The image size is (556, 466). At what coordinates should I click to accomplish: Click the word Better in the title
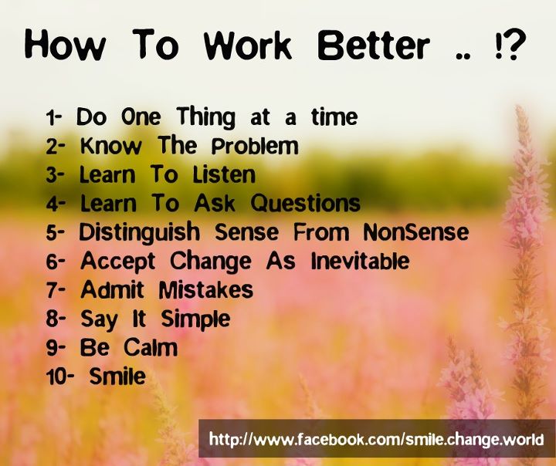click(374, 46)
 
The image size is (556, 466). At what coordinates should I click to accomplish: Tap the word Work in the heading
click(248, 46)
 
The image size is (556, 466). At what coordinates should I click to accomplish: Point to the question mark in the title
click(514, 45)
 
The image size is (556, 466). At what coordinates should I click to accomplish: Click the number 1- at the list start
click(54, 118)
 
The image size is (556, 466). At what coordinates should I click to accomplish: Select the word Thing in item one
click(206, 117)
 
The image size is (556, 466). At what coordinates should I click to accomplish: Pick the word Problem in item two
click(255, 147)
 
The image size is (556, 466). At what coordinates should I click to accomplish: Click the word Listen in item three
click(224, 174)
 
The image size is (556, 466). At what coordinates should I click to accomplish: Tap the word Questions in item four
click(306, 204)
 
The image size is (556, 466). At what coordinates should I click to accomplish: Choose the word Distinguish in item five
click(139, 233)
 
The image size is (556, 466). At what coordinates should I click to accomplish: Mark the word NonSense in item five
click(416, 232)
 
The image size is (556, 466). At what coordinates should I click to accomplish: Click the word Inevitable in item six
click(361, 261)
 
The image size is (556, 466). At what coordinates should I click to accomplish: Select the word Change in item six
click(211, 262)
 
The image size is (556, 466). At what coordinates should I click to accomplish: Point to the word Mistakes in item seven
click(205, 290)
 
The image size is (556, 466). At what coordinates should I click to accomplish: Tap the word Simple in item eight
click(195, 319)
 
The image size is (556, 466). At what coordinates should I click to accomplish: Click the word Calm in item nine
click(151, 347)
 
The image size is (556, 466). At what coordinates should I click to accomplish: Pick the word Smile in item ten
click(117, 376)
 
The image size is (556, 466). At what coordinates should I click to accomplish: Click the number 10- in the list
click(60, 377)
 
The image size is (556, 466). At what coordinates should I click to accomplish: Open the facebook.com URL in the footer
click(376, 440)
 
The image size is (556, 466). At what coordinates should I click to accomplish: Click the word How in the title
click(65, 46)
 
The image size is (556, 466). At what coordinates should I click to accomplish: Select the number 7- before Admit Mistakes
click(56, 291)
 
